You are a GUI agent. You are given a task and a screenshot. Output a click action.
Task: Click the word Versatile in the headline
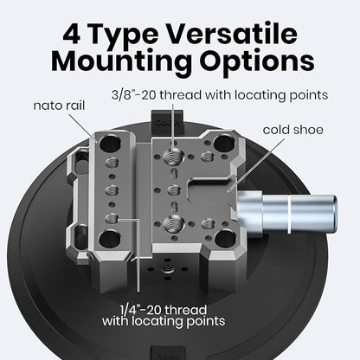click(233, 34)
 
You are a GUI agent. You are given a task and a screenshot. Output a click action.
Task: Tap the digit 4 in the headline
click(71, 34)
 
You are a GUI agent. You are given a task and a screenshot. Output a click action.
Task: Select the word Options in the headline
click(258, 61)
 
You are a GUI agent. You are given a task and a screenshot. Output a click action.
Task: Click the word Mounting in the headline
click(121, 61)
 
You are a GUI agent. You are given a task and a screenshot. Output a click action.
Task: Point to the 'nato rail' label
click(59, 106)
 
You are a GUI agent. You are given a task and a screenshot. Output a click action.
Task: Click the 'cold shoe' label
click(292, 130)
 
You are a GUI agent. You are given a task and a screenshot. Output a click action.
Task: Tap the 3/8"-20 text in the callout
click(133, 95)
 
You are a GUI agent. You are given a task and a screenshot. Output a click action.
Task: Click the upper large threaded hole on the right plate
click(174, 157)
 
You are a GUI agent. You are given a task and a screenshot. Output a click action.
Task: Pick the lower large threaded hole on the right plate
click(174, 223)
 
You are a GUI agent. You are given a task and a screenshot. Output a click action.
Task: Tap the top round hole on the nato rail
click(110, 143)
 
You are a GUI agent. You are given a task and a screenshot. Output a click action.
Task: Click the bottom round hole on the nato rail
click(110, 239)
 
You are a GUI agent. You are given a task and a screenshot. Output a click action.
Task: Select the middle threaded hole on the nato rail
click(112, 190)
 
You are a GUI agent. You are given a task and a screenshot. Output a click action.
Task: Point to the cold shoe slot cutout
click(209, 190)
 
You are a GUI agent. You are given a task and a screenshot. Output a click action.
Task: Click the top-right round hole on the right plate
click(225, 142)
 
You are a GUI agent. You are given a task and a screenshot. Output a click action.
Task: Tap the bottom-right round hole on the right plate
click(226, 238)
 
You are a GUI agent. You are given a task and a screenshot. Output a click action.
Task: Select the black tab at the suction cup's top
click(167, 121)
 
